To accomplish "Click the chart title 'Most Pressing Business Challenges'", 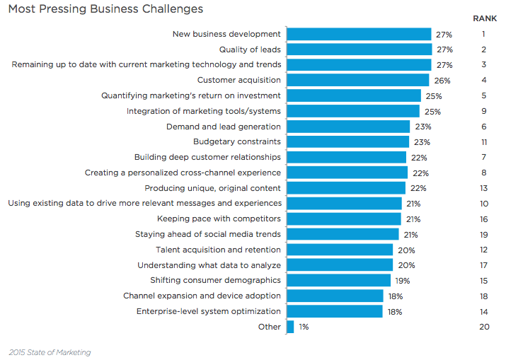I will (105, 9).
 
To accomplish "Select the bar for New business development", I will (358, 34).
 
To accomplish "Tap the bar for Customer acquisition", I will (357, 80).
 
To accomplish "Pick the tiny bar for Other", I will (290, 327).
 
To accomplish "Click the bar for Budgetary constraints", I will (347, 141).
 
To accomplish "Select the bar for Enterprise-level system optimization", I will (334, 311).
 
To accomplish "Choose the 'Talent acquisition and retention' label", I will (218, 250).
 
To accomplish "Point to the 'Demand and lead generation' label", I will (223, 127).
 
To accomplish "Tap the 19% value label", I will (403, 281).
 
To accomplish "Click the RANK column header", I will (484, 18).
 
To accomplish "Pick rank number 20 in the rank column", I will (484, 327).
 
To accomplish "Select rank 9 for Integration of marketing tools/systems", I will (484, 111).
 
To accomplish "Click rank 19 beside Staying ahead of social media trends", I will (484, 234).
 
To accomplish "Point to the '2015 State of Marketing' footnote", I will (50, 352).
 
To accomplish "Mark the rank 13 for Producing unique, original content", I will (484, 188).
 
